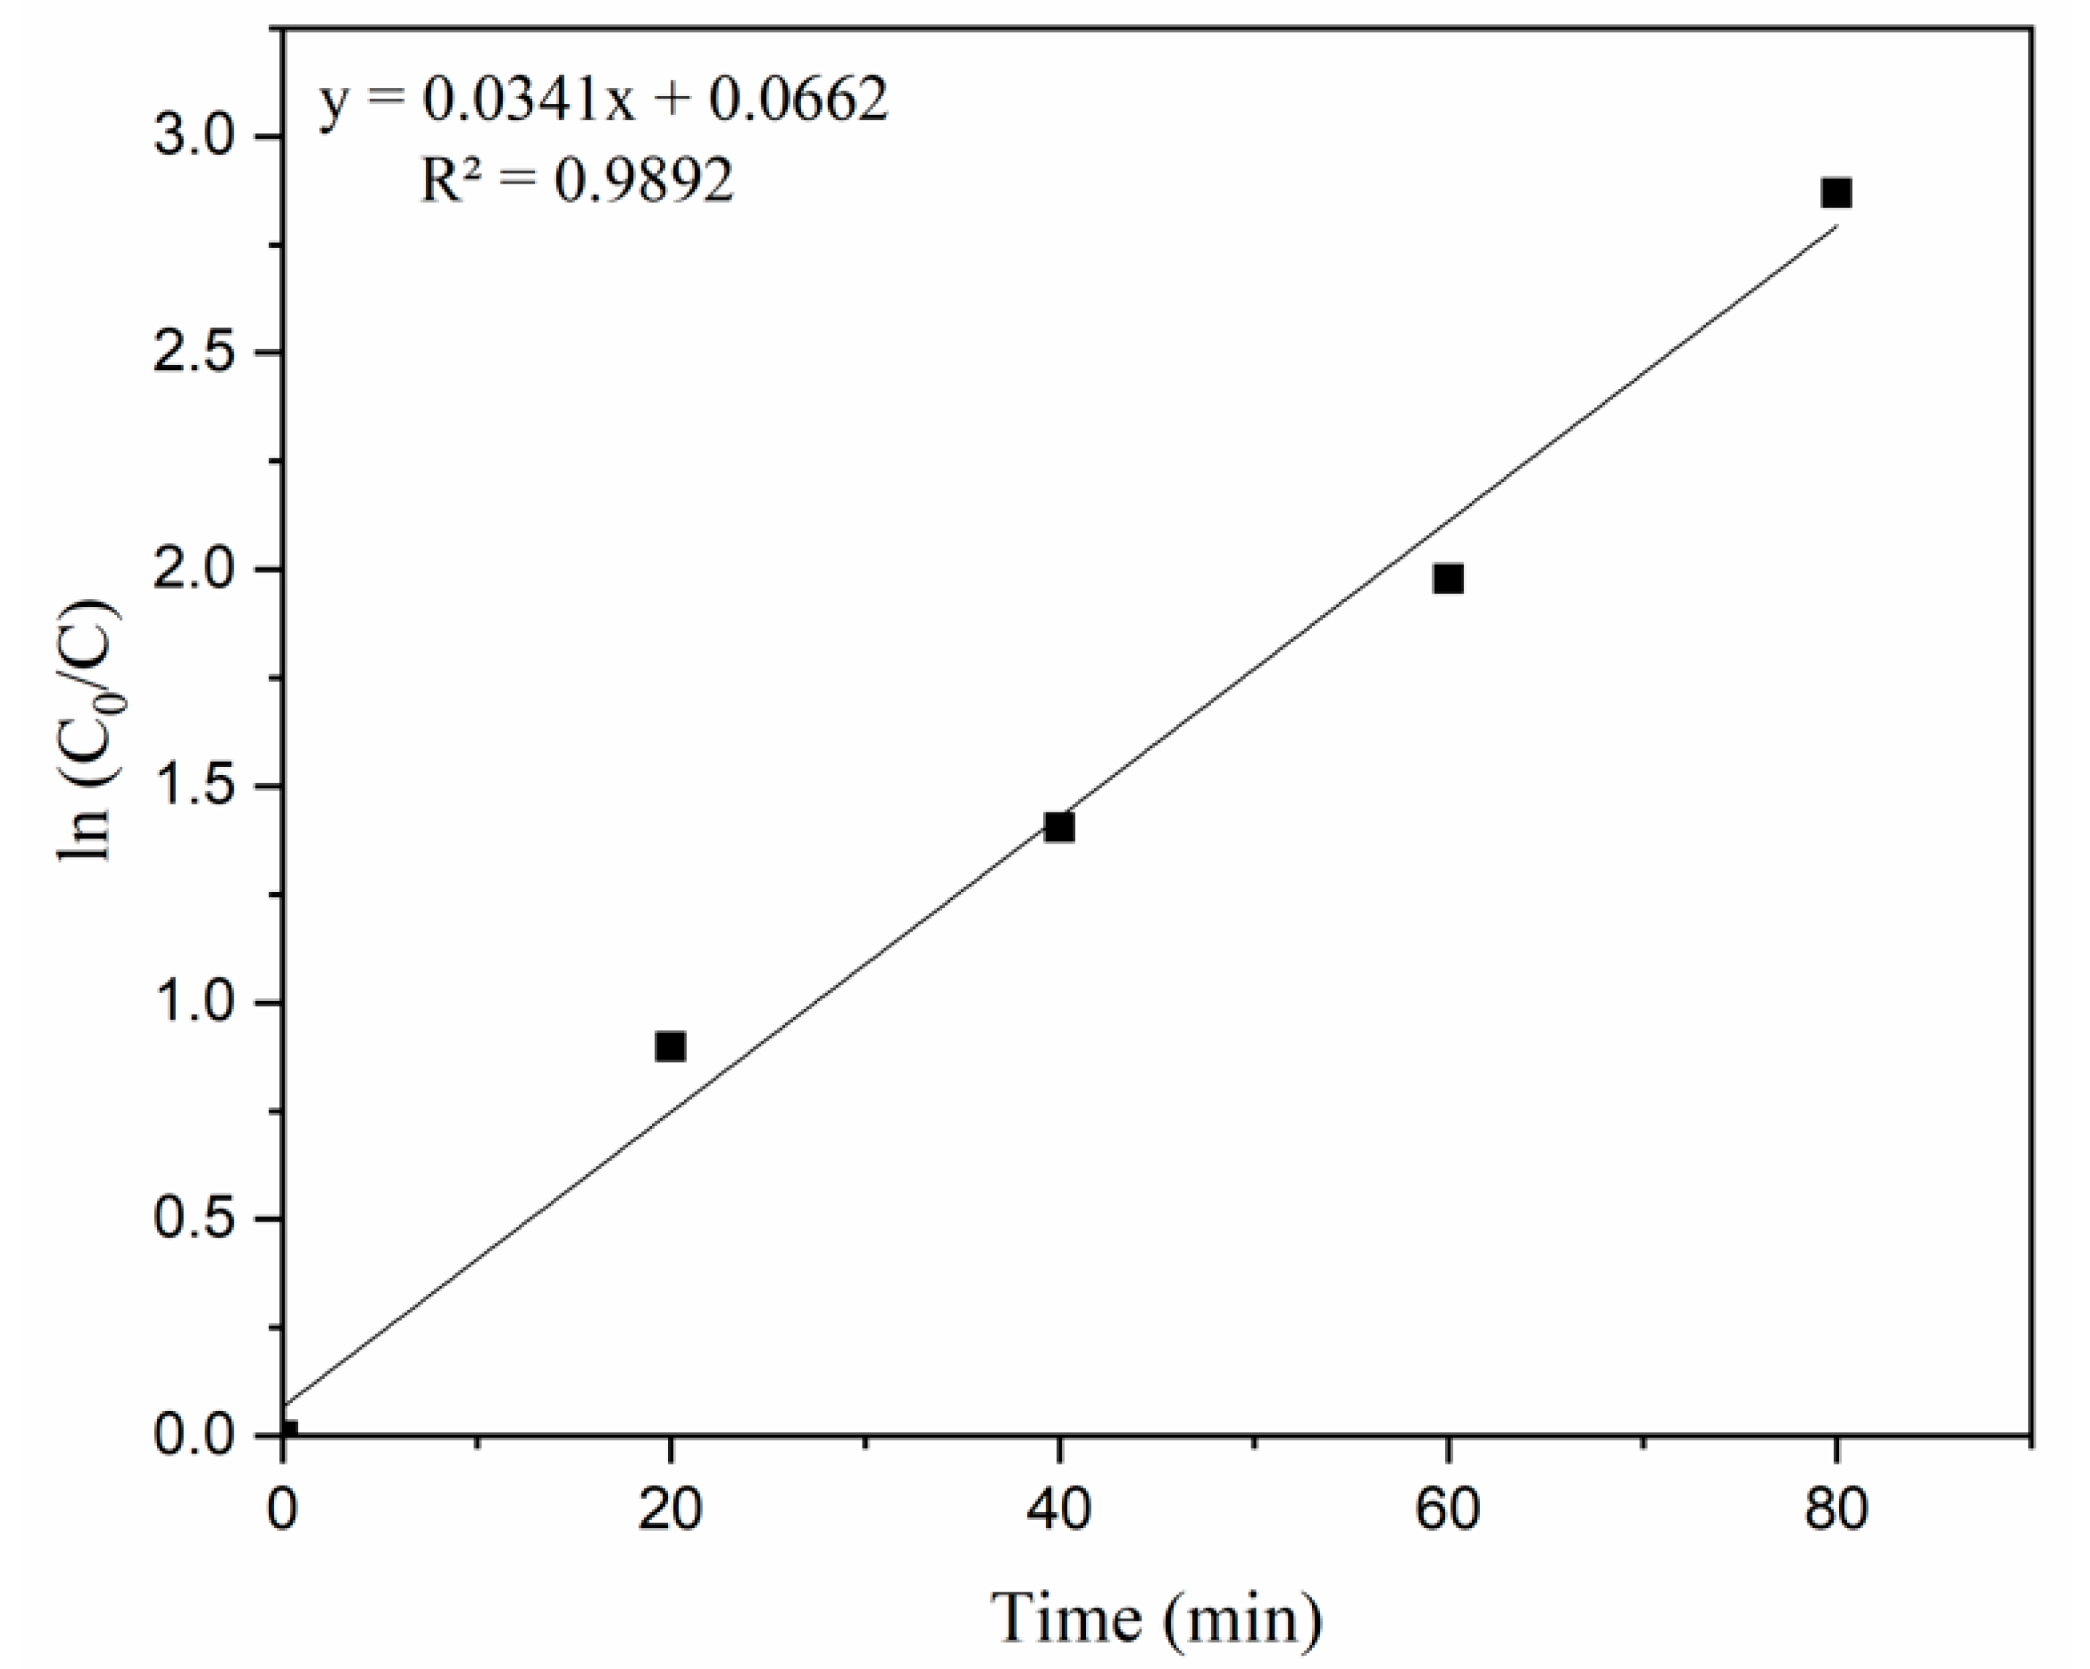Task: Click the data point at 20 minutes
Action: pyautogui.click(x=670, y=1047)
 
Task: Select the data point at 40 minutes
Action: pyautogui.click(x=1058, y=827)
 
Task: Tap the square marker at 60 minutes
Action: pyautogui.click(x=1448, y=579)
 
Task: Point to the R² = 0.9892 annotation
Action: pyautogui.click(x=578, y=179)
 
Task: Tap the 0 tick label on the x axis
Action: pyautogui.click(x=282, y=1512)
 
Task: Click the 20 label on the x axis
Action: pyautogui.click(x=670, y=1512)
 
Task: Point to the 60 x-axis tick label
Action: pyautogui.click(x=1448, y=1512)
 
